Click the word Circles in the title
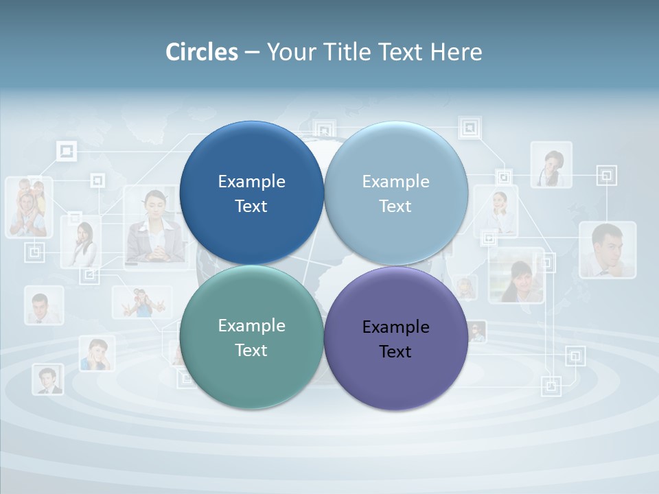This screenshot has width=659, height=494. click(x=202, y=52)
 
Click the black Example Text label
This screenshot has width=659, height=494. click(x=396, y=339)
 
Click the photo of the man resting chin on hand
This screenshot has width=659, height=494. click(x=607, y=250)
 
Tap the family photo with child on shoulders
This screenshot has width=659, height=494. click(x=29, y=207)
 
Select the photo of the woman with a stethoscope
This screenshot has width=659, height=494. click(x=551, y=165)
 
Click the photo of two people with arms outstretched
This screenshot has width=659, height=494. click(x=142, y=302)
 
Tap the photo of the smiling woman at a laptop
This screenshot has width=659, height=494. click(x=516, y=276)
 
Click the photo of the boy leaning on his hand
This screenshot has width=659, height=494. click(x=96, y=353)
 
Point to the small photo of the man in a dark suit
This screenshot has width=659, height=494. click(x=47, y=379)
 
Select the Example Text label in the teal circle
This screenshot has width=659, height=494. click(x=251, y=338)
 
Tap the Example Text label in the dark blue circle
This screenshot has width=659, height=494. click(x=251, y=193)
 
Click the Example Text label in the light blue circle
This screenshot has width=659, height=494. click(x=396, y=193)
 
